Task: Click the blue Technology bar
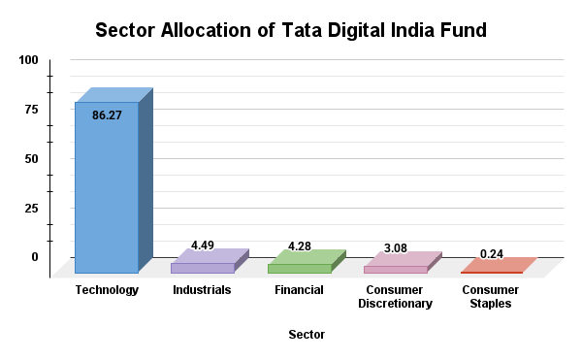[x=107, y=194]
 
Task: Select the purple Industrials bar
[x=202, y=268]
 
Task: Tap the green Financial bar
[x=299, y=268]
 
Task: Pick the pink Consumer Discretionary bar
[x=395, y=269]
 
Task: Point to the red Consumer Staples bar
[x=491, y=272]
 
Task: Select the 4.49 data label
[x=203, y=245]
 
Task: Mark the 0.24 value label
[x=492, y=254]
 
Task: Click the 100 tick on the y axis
[x=29, y=60]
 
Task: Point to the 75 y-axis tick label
[x=32, y=110]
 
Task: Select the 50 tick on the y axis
[x=32, y=159]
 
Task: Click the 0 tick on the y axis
[x=35, y=257]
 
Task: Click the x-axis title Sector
[x=307, y=335]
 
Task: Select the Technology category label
[x=107, y=290]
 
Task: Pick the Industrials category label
[x=202, y=290]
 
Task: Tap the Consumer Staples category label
[x=490, y=297]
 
